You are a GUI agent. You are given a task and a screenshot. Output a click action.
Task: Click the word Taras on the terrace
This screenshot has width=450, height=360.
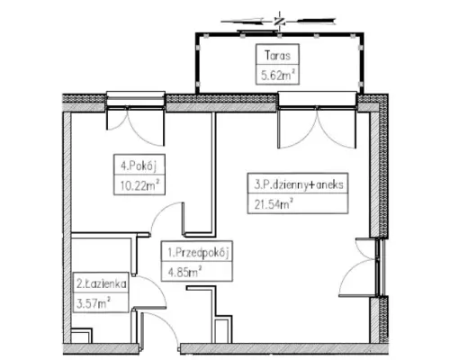tap(277, 56)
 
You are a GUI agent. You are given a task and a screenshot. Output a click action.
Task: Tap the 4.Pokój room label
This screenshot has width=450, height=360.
tap(139, 166)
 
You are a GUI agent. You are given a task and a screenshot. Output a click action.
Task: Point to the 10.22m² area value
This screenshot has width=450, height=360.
tap(139, 185)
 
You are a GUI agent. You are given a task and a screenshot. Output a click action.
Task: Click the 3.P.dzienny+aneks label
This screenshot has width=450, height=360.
tap(299, 184)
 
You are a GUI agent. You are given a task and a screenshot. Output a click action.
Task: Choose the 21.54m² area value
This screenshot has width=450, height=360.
tap(274, 204)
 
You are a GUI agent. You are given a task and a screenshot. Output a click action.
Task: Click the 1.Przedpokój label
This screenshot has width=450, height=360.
tap(198, 253)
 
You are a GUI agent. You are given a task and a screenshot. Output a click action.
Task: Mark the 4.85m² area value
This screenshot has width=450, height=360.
tap(184, 273)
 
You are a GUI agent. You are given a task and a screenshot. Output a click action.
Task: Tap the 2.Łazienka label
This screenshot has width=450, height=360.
tap(101, 283)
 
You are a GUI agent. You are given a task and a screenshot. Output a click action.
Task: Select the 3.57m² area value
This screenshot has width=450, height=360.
tap(94, 303)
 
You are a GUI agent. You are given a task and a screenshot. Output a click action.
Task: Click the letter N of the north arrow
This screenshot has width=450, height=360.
tap(279, 22)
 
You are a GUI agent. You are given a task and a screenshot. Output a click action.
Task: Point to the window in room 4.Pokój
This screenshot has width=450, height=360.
tap(136, 100)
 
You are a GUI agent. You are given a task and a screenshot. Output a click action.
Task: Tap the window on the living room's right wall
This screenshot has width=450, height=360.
tap(380, 267)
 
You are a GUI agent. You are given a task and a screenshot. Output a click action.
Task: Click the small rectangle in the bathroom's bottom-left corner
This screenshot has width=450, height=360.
tap(81, 336)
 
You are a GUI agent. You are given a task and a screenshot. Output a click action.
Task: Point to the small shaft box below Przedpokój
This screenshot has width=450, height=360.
tap(223, 329)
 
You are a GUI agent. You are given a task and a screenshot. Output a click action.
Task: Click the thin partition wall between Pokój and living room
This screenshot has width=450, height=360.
tap(214, 173)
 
